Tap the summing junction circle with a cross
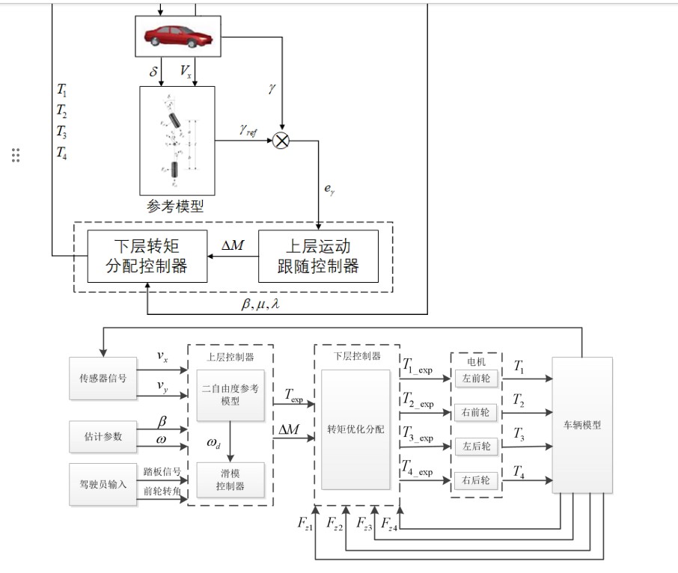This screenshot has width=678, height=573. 281,140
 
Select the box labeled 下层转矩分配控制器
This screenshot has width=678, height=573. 147,256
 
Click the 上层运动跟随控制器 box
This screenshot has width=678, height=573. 318,256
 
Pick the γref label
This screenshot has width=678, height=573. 248,130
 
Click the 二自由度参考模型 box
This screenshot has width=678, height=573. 230,395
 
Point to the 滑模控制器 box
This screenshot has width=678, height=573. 230,480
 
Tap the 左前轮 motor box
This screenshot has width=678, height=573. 476,379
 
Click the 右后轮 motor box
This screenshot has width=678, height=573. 476,480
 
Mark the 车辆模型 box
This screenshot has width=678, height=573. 582,425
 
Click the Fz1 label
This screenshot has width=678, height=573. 304,524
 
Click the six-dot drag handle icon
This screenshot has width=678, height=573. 16,156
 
